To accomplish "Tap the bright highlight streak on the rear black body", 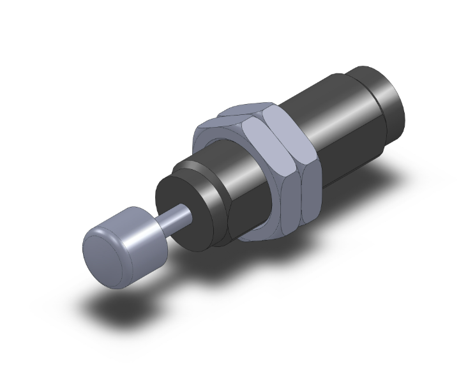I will (x=319, y=96).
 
